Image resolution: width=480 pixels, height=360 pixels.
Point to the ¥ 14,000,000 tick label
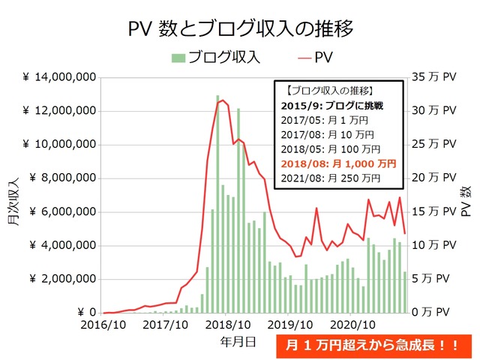58,77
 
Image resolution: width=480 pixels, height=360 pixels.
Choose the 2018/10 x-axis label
226,325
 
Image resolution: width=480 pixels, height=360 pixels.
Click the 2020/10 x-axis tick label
352,325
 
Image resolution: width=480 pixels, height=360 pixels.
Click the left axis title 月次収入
14,195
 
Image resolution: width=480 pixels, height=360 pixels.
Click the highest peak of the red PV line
220,100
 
